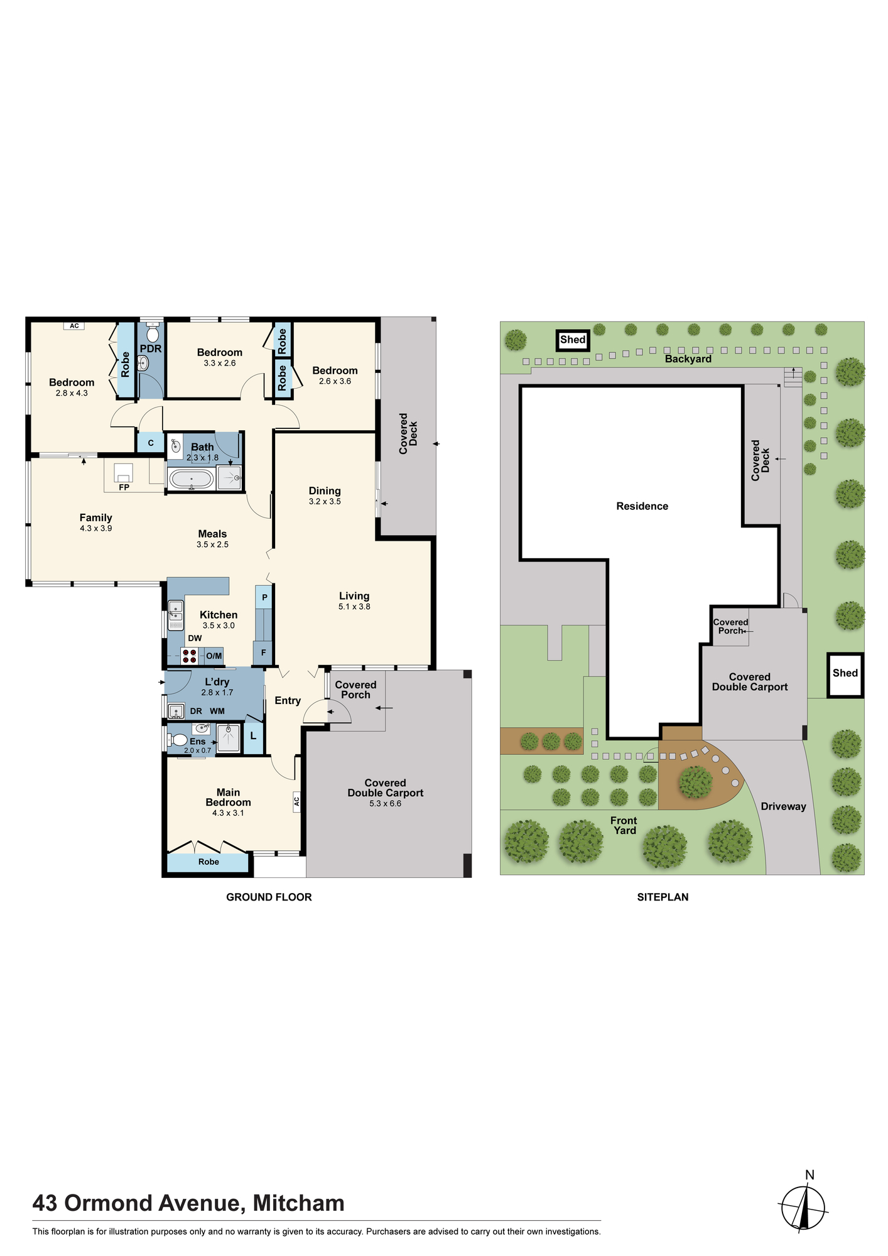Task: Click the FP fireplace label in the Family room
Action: [124, 487]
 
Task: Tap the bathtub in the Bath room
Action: [192, 479]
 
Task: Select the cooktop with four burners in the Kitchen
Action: [190, 656]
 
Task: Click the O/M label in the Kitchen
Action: [214, 656]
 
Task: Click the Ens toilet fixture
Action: [178, 740]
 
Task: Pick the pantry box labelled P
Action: [264, 597]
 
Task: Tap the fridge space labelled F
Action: [263, 653]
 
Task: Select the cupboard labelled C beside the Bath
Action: [151, 443]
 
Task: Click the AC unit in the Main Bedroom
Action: [296, 801]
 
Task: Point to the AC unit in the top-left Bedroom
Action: [74, 326]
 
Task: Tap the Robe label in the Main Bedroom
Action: [208, 862]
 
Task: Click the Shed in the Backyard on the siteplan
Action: [573, 340]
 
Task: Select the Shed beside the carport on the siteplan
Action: [845, 674]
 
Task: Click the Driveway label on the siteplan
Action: [783, 806]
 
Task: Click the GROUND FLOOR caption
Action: [269, 897]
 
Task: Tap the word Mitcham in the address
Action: [298, 1203]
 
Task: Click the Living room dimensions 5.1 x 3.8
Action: [354, 607]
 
